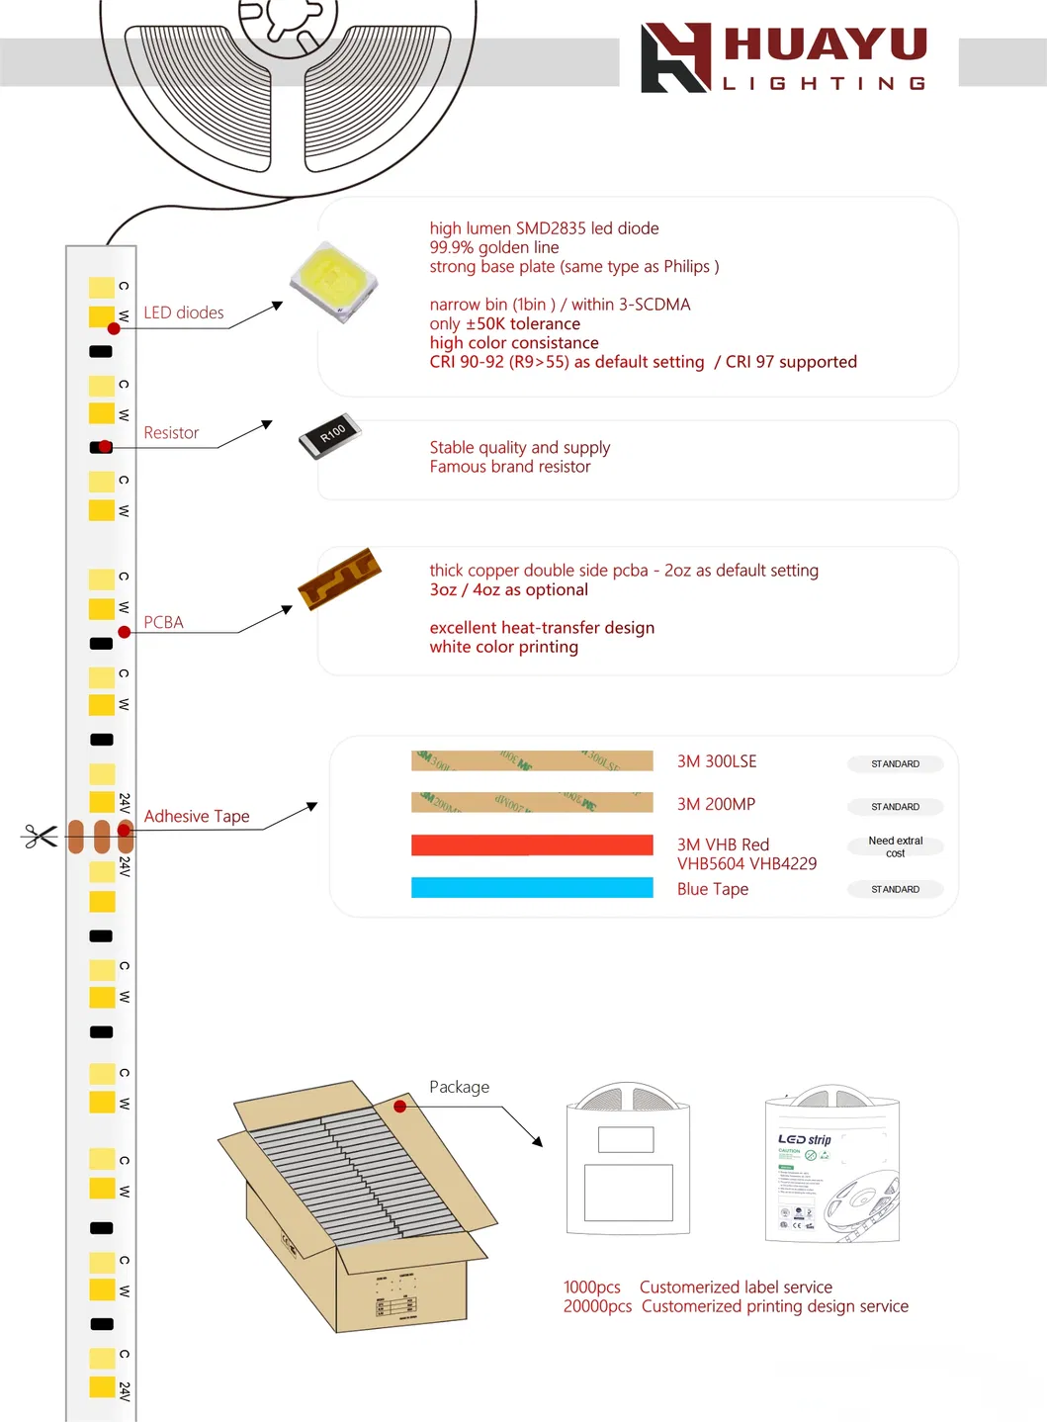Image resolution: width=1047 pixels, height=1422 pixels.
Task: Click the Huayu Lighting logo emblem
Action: pyautogui.click(x=675, y=58)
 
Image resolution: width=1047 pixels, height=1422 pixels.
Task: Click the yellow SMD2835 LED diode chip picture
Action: pyautogui.click(x=333, y=282)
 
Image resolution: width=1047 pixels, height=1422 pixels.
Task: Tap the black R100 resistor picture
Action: pyautogui.click(x=330, y=435)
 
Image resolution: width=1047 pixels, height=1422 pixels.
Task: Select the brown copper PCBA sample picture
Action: pyautogui.click(x=339, y=578)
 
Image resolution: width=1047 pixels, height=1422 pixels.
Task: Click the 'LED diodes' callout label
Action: pyautogui.click(x=184, y=312)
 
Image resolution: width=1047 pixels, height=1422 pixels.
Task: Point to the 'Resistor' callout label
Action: pyautogui.click(x=171, y=433)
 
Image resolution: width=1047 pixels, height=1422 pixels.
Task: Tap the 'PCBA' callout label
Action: pyautogui.click(x=163, y=622)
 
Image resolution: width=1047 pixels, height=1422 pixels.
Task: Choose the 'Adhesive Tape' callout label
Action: pyautogui.click(x=197, y=816)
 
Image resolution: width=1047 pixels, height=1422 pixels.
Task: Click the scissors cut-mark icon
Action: pyautogui.click(x=40, y=837)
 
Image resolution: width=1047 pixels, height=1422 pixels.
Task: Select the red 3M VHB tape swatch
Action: pyautogui.click(x=532, y=844)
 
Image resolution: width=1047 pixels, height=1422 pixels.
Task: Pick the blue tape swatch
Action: pyautogui.click(x=532, y=888)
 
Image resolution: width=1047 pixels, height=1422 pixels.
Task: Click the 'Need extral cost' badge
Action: pyautogui.click(x=895, y=846)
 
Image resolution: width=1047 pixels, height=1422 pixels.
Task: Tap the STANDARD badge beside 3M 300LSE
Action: pyautogui.click(x=895, y=764)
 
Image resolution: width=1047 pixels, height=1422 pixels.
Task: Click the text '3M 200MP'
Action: pyautogui.click(x=716, y=804)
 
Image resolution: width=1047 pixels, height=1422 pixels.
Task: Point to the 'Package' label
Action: pyautogui.click(x=459, y=1087)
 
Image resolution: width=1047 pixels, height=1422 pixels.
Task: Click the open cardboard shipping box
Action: pyautogui.click(x=356, y=1206)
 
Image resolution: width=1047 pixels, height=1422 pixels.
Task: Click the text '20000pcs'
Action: pyautogui.click(x=597, y=1306)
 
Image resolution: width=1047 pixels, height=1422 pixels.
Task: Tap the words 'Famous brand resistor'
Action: pyautogui.click(x=509, y=467)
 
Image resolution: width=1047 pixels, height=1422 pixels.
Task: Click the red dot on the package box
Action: pyautogui.click(x=400, y=1107)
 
